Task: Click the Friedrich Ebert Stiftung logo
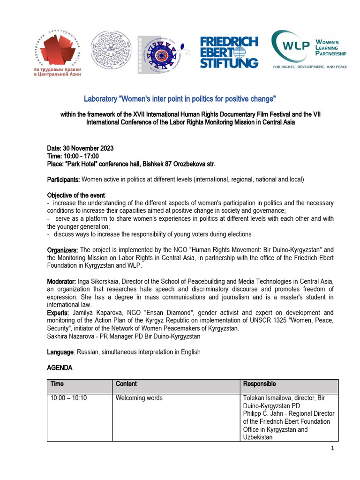pyautogui.click(x=229, y=52)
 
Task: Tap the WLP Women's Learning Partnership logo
pyautogui.click(x=310, y=49)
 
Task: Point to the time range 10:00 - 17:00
pyautogui.click(x=82, y=156)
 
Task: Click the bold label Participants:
pyautogui.click(x=64, y=180)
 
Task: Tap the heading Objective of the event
pyautogui.click(x=76, y=195)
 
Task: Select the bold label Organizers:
pyautogui.click(x=63, y=250)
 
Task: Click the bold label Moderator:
pyautogui.click(x=62, y=281)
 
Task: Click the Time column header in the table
pyautogui.click(x=57, y=384)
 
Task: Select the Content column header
pyautogui.click(x=126, y=384)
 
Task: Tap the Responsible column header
pyautogui.click(x=259, y=384)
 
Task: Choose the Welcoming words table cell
pyautogui.click(x=139, y=398)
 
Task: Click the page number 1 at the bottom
pyautogui.click(x=332, y=449)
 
